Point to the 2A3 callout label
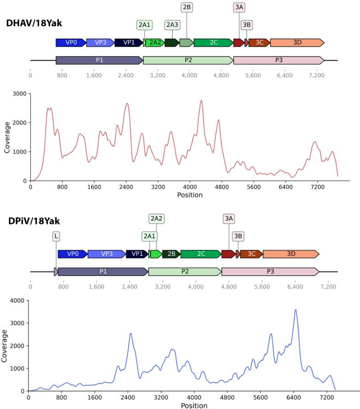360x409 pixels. point(172,25)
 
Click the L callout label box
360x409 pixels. point(56,236)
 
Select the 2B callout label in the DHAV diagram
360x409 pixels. point(187,7)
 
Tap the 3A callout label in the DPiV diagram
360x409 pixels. point(229,219)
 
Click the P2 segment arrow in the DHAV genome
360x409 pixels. point(188,60)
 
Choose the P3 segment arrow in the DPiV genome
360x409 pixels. point(270,271)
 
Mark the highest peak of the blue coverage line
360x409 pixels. point(295,310)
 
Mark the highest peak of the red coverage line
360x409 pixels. point(201,100)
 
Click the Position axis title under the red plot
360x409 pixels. point(190,195)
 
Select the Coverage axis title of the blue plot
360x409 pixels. point(5,346)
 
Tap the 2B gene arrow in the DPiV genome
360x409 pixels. point(171,254)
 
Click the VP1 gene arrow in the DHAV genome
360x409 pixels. point(129,43)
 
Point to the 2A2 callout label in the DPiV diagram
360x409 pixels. point(157,219)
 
